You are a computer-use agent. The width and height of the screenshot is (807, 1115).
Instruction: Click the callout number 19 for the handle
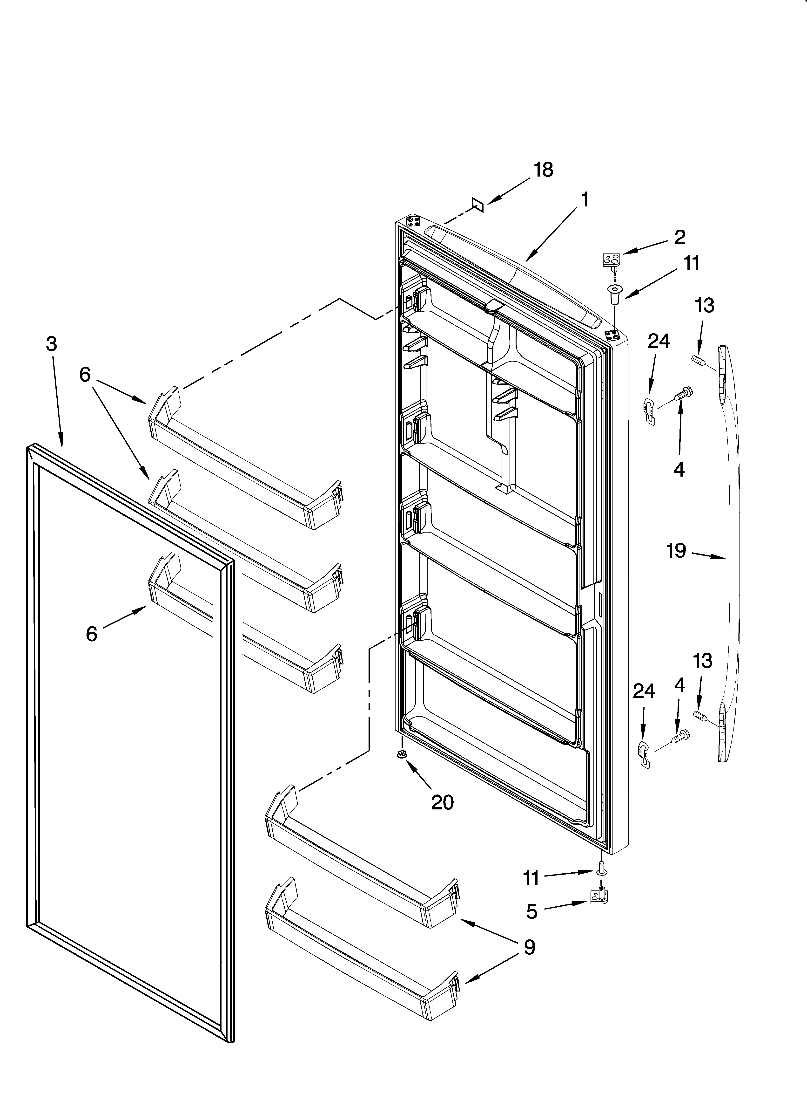[x=676, y=551]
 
